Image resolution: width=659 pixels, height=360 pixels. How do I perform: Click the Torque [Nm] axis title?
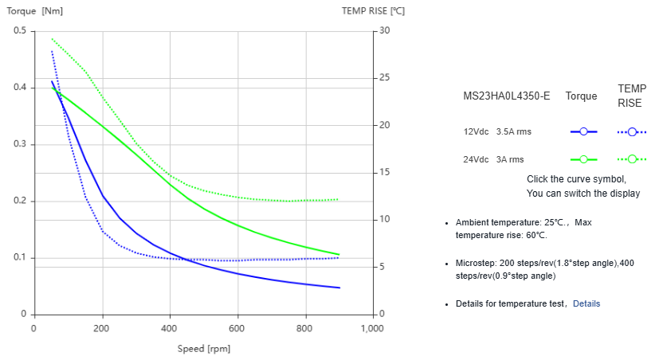36,11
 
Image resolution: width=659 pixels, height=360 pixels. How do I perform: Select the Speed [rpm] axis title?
204,348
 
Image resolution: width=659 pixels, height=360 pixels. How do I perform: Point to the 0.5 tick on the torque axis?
19,31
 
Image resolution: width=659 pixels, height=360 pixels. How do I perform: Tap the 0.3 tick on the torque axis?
19,144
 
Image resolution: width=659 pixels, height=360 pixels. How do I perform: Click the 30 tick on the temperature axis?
386,31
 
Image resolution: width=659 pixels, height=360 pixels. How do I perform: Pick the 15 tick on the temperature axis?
386,173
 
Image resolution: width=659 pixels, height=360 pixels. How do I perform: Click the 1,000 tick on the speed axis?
372,328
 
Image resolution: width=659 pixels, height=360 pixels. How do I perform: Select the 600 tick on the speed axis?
237,328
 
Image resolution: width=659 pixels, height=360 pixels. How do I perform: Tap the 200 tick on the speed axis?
101,328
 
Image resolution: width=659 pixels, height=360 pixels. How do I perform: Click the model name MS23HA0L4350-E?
506,96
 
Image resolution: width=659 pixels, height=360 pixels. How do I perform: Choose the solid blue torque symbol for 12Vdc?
583,131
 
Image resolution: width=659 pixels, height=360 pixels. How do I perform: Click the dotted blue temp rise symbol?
632,131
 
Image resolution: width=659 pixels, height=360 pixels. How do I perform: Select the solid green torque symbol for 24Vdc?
583,159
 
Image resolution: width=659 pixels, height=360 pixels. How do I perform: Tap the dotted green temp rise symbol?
632,159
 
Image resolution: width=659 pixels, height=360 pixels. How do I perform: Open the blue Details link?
586,303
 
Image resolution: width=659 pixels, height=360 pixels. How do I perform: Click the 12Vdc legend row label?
476,131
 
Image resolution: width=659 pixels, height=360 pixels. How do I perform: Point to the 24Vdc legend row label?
476,159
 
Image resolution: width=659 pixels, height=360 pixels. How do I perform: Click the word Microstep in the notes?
476,263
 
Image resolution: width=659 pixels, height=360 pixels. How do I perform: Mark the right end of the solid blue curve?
339,288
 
